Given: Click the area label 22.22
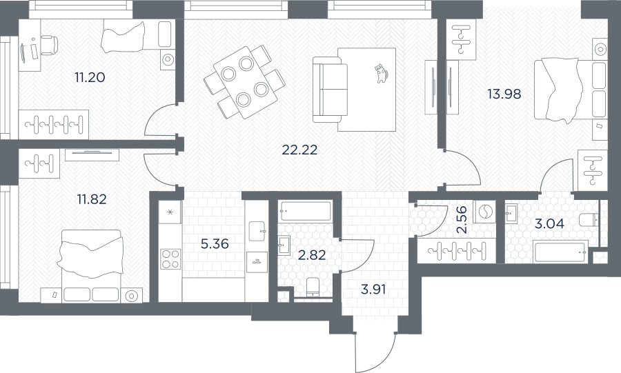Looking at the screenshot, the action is (299, 150).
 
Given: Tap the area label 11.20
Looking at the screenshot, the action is (90, 77).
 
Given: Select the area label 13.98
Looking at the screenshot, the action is (504, 94).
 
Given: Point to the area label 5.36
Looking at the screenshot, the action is (215, 243).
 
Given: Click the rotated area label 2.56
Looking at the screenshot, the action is (462, 219).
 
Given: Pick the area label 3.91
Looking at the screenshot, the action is (373, 290).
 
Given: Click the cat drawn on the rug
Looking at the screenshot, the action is (381, 73).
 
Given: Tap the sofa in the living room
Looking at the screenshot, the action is (327, 90).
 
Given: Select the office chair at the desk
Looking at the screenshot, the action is (49, 44).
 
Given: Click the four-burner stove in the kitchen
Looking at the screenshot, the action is (170, 259).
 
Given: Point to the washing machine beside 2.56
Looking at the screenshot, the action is (484, 212).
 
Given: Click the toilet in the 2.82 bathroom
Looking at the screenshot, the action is (313, 287).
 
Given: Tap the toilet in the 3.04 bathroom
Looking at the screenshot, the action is (588, 219).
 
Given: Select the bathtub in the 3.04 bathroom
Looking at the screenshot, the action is (560, 251).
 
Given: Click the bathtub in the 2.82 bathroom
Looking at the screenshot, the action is (305, 211).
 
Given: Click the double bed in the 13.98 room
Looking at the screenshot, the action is (570, 89).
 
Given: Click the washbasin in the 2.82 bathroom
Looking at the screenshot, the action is (284, 245).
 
